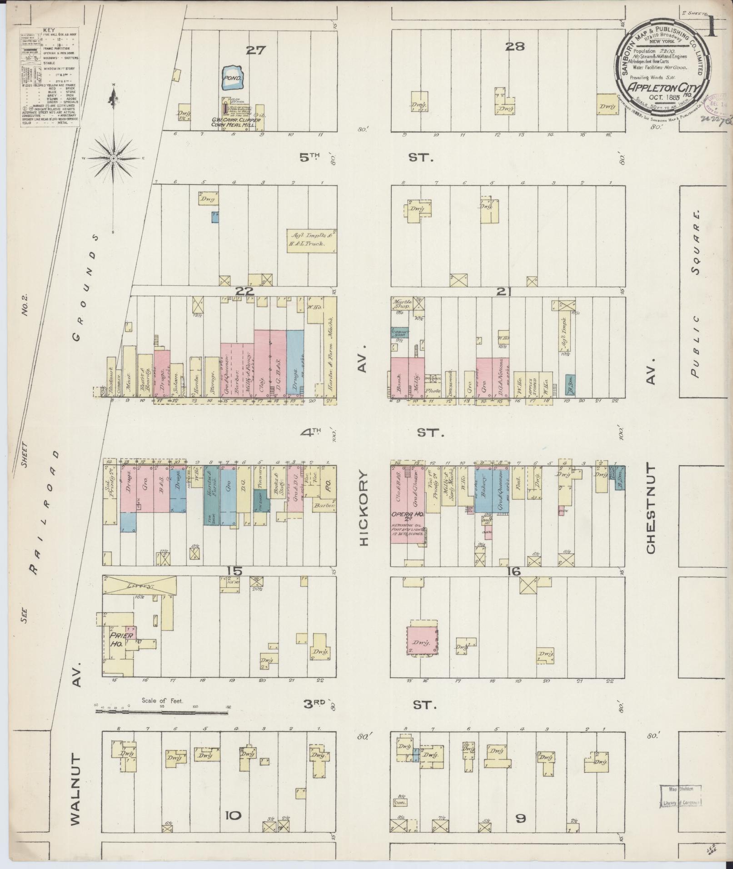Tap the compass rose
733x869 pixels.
[x=114, y=158]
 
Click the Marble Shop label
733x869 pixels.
[x=402, y=304]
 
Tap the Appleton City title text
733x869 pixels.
[x=663, y=87]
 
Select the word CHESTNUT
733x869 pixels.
[x=650, y=508]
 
